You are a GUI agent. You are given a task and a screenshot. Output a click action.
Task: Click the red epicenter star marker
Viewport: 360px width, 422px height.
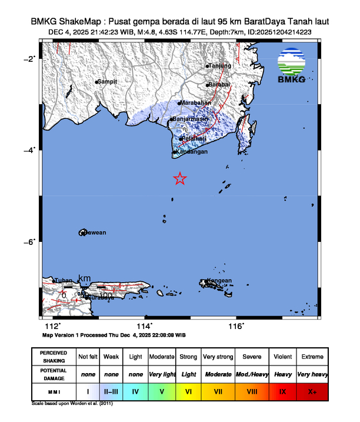pyautogui.click(x=180, y=179)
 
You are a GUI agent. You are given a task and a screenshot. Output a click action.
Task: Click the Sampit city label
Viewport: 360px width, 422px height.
pyautogui.click(x=108, y=81)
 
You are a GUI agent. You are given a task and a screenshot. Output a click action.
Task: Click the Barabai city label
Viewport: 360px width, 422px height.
pyautogui.click(x=221, y=85)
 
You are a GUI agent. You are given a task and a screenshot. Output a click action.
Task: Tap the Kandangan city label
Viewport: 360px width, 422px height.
pyautogui.click(x=192, y=152)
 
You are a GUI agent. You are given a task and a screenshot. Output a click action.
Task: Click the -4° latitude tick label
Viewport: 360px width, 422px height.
pyautogui.click(x=29, y=149)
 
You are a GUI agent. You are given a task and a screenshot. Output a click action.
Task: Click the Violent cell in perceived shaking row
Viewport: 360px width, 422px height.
pyautogui.click(x=283, y=357)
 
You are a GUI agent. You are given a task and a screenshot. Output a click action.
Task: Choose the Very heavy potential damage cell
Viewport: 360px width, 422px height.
pyautogui.click(x=312, y=374)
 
